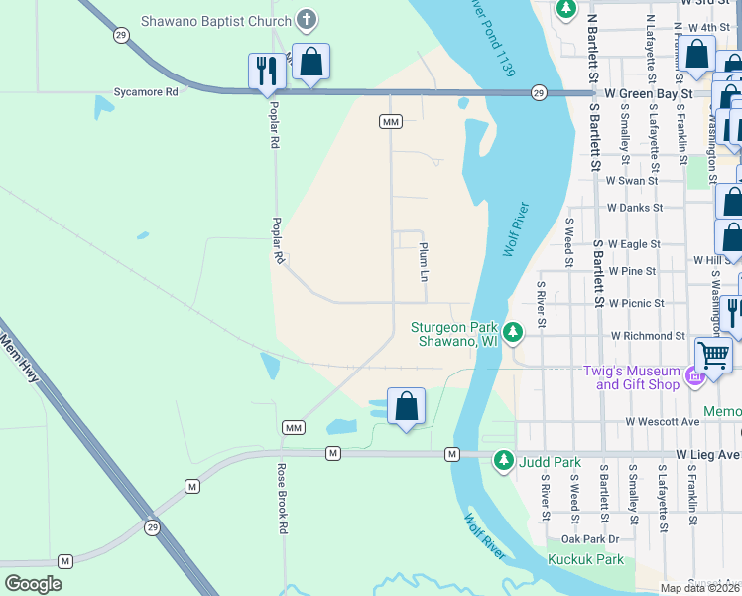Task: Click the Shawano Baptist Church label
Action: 215,19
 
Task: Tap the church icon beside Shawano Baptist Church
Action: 307,19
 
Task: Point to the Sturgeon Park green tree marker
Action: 512,332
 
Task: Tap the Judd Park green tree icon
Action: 504,460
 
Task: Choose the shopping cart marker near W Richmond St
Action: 713,354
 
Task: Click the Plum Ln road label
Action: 424,260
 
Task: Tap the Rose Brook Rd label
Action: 282,515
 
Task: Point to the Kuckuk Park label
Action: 592,559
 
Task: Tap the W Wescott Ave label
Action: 664,421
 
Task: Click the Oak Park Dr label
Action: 589,539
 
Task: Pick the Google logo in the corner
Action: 33,584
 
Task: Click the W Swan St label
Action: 632,181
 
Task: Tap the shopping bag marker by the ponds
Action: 406,407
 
